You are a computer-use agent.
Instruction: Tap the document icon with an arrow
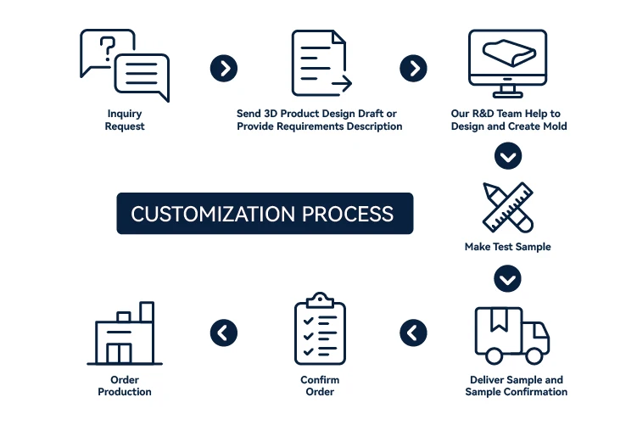pyautogui.click(x=320, y=64)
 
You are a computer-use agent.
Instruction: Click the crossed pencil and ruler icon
pyautogui.click(x=508, y=207)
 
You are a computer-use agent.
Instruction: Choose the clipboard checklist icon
pyautogui.click(x=319, y=330)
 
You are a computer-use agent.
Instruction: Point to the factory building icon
pyautogui.click(x=125, y=334)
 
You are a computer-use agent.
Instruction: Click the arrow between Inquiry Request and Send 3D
pyautogui.click(x=223, y=69)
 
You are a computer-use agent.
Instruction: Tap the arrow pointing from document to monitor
pyautogui.click(x=413, y=69)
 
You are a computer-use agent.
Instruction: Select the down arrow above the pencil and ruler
pyautogui.click(x=508, y=156)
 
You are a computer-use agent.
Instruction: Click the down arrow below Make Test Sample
pyautogui.click(x=508, y=278)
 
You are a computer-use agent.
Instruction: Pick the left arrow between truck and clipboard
pyautogui.click(x=413, y=332)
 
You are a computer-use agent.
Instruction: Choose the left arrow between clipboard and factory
pyautogui.click(x=223, y=332)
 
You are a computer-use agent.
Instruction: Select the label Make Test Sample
pyautogui.click(x=507, y=247)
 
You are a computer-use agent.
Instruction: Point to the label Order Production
pyautogui.click(x=125, y=385)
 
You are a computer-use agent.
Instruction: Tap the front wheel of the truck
pyautogui.click(x=538, y=355)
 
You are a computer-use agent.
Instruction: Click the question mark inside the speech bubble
pyautogui.click(x=107, y=48)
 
